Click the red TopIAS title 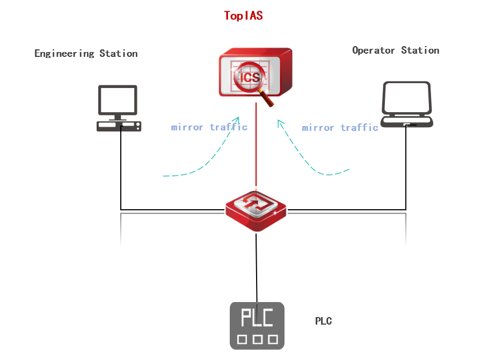pos(243,16)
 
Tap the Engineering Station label pos(86,54)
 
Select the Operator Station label pos(396,50)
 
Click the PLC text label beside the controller pos(323,321)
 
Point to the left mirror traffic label pos(209,127)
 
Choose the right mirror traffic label pos(340,128)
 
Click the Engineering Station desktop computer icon pos(118,108)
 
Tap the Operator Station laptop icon pos(406,104)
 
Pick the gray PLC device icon pos(257,326)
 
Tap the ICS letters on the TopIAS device pos(249,77)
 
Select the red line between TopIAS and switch pos(256,145)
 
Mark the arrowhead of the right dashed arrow pos(280,123)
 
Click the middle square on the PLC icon pos(257,339)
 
